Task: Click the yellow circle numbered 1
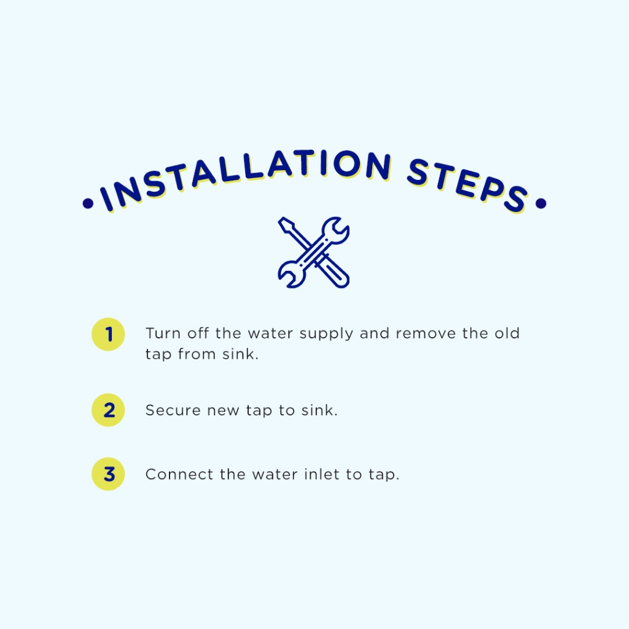pos(108,334)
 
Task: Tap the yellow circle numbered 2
pos(108,410)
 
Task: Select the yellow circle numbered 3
pos(108,474)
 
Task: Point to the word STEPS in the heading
pos(467,184)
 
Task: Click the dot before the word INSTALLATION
pos(88,203)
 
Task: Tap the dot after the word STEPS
pos(541,203)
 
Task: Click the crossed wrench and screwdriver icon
pos(314,252)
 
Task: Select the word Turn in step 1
pos(163,334)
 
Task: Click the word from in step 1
pos(197,354)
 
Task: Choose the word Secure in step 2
pos(173,410)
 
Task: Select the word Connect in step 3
pos(179,475)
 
